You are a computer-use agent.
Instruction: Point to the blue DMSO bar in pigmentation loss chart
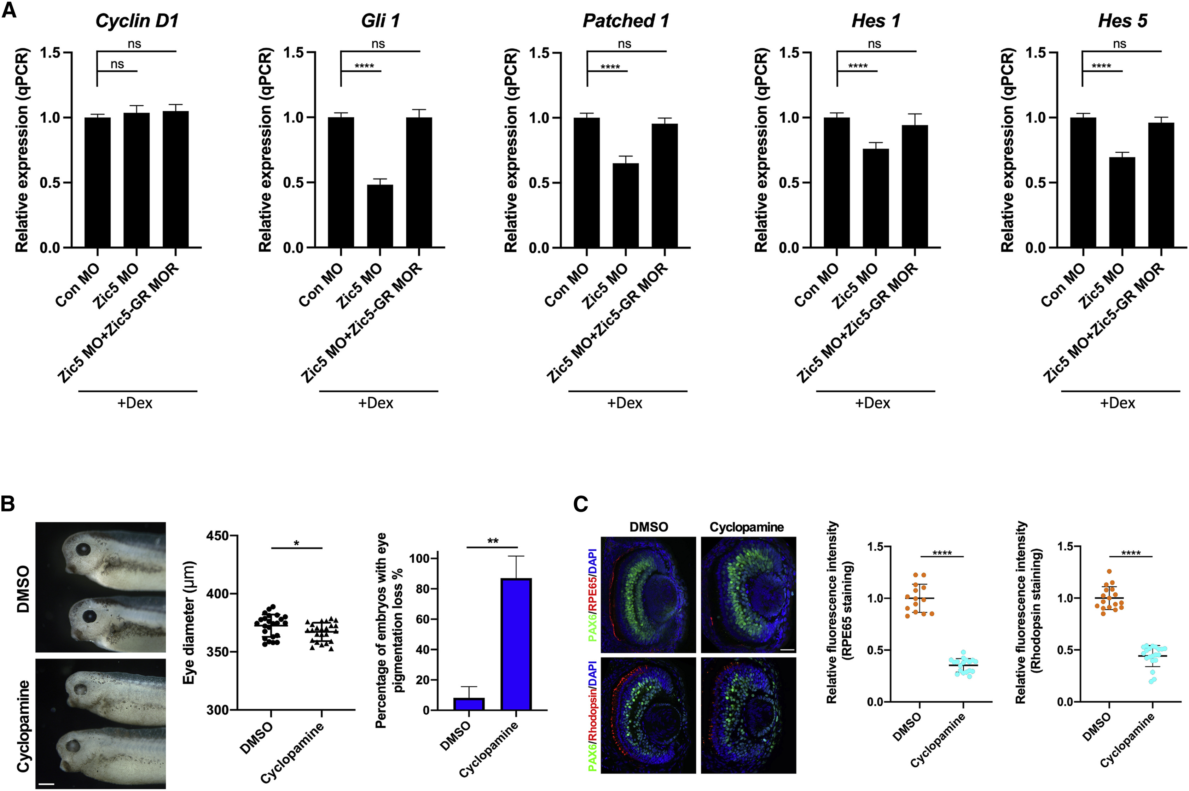point(469,704)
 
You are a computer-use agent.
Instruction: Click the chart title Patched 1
point(626,21)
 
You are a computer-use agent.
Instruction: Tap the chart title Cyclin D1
point(137,21)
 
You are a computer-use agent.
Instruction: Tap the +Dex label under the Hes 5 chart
point(1117,403)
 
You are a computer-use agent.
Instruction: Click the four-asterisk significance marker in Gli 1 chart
point(364,66)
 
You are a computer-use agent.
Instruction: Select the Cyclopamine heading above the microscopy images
point(747,527)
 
